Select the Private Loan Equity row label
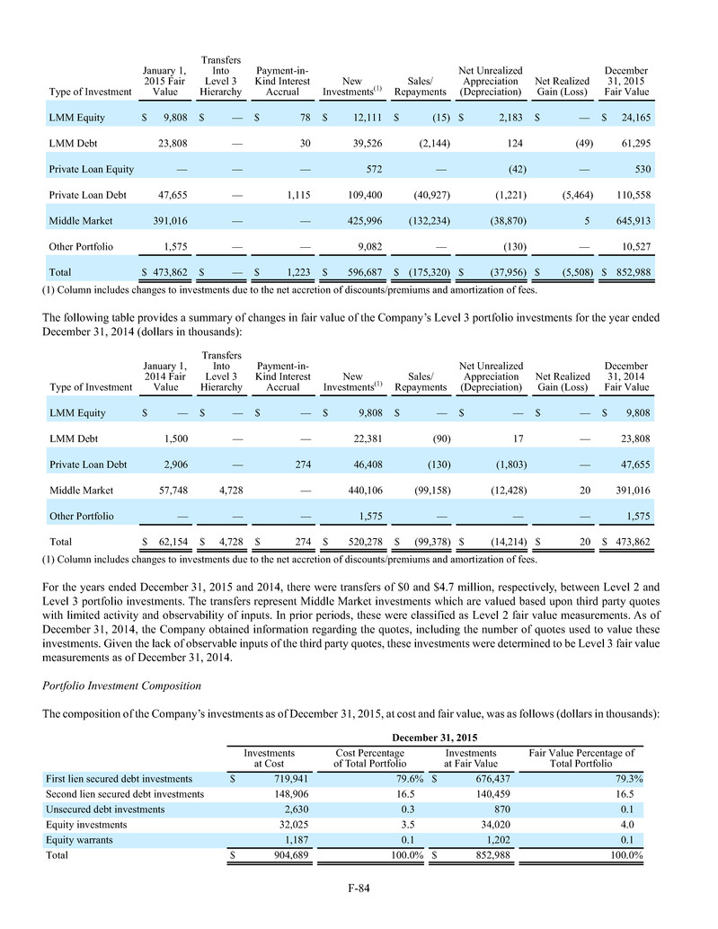86,169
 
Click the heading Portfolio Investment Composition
121,686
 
